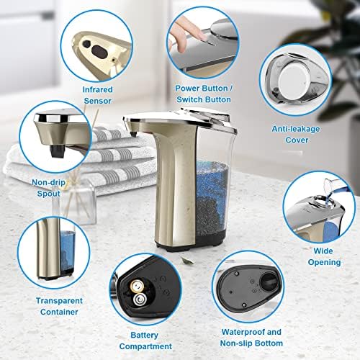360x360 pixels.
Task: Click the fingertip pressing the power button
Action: click(x=183, y=27)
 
